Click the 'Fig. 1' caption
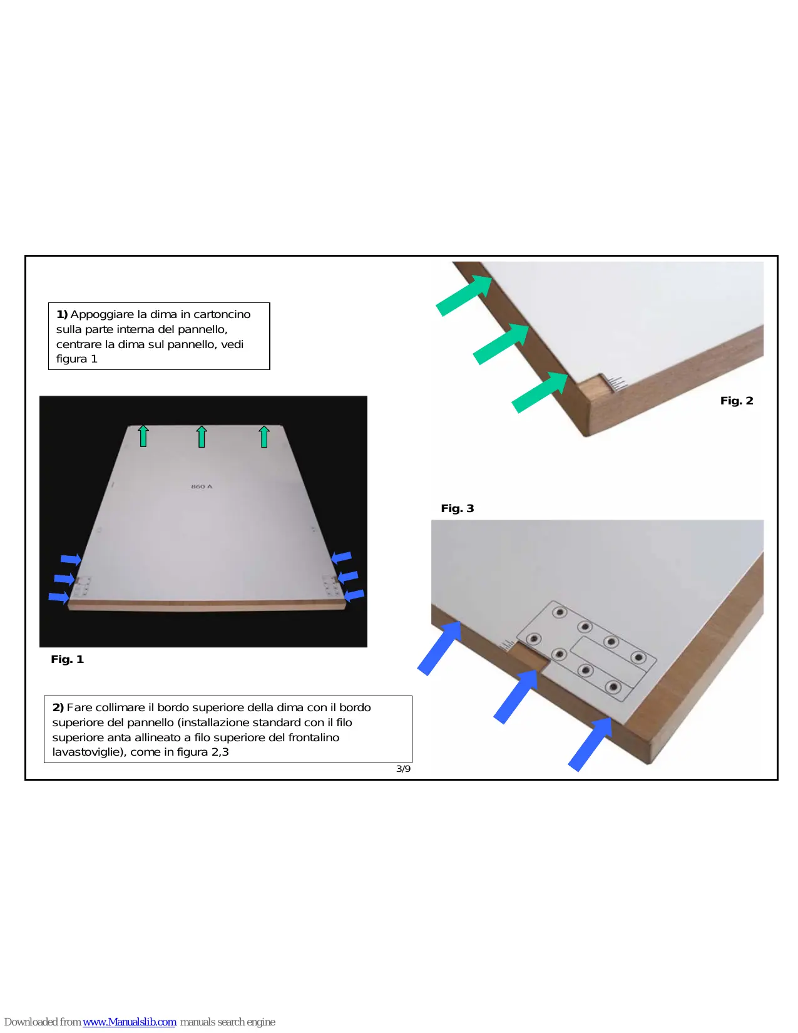[x=67, y=659]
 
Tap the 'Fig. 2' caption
[x=736, y=401]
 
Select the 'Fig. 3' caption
[x=458, y=508]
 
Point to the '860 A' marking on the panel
[x=202, y=486]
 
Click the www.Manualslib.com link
[x=130, y=1022]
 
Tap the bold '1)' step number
[x=62, y=314]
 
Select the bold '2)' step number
[x=58, y=707]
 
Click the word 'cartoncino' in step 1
[x=222, y=314]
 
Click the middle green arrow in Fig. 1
[x=202, y=436]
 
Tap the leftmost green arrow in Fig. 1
[x=143, y=436]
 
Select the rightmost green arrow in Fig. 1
[x=263, y=436]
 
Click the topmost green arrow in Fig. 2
[x=464, y=296]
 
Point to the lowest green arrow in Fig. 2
[x=540, y=392]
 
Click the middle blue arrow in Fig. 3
[x=516, y=697]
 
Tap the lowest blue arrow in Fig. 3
[x=590, y=744]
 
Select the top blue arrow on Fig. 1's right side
[x=340, y=557]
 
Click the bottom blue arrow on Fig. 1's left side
[x=59, y=597]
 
